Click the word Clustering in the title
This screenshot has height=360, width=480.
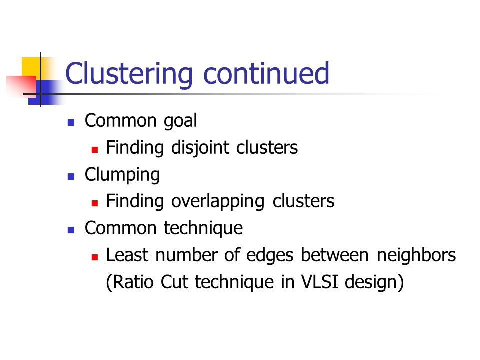point(129,74)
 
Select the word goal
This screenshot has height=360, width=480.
point(180,121)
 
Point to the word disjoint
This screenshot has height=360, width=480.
point(200,148)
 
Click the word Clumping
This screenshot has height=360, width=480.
point(122,175)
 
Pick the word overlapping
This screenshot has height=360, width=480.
point(218,202)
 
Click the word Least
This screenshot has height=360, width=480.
point(127,255)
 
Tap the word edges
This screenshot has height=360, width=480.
point(270,256)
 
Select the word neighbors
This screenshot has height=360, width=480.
point(416,255)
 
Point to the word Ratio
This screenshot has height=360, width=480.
point(133,282)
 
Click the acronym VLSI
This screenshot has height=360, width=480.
point(320,282)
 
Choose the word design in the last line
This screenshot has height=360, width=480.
point(371,283)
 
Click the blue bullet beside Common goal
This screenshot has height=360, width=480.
point(71,123)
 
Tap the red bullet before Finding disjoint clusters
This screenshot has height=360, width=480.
point(95,150)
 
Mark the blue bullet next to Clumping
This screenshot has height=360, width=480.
point(71,177)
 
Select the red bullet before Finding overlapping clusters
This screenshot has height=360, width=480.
point(95,203)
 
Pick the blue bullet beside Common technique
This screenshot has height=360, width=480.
point(71,230)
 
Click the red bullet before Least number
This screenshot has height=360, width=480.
point(95,257)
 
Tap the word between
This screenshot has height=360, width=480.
point(335,255)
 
